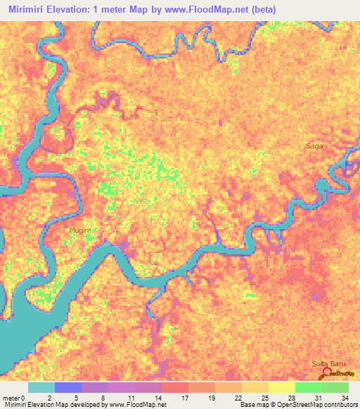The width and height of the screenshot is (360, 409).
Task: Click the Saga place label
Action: point(314,146)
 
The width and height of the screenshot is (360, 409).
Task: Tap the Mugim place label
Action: point(79,230)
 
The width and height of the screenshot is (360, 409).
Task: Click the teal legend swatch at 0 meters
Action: point(41,387)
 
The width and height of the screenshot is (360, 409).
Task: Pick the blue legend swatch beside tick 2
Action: point(67,387)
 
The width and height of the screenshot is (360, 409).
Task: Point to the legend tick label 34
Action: point(344,398)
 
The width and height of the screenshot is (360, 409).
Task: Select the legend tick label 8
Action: point(103,398)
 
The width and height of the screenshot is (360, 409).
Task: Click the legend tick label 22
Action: point(237,398)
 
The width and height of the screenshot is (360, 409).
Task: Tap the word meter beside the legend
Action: point(12,398)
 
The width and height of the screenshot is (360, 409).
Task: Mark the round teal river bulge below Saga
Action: point(323,186)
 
